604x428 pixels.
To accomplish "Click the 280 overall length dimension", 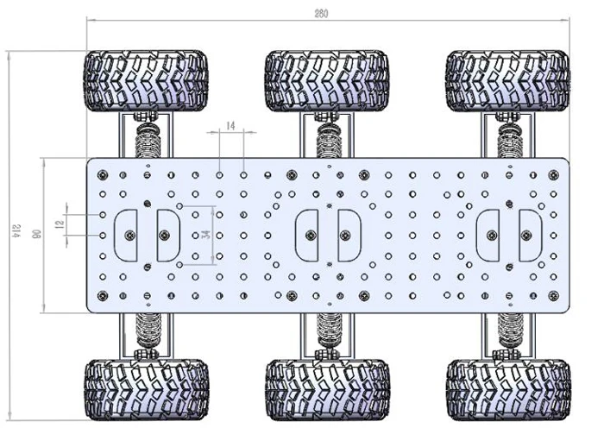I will [x=320, y=14].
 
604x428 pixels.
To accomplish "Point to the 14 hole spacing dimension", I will [x=230, y=126].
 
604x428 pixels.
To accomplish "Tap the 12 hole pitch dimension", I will [x=60, y=224].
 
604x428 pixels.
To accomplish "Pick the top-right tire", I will [x=507, y=81].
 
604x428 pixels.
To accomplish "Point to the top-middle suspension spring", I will [x=327, y=140].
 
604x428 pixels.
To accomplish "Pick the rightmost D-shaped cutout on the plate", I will [x=529, y=234].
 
